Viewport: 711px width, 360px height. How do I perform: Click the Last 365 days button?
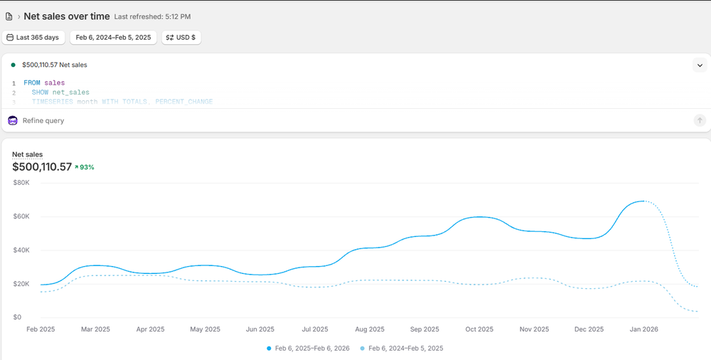point(33,37)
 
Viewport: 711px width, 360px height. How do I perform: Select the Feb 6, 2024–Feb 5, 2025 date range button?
point(113,37)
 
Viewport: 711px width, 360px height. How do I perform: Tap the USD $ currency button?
point(181,37)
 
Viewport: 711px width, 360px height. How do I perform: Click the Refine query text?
point(43,121)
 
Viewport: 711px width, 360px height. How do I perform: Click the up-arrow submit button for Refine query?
point(700,121)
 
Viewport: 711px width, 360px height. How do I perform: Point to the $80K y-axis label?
point(21,183)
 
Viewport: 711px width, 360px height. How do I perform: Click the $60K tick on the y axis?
point(21,216)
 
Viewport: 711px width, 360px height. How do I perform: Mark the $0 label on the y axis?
point(16,317)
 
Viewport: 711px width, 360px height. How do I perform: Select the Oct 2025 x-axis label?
point(479,329)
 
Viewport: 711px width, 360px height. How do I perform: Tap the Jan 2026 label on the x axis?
point(643,329)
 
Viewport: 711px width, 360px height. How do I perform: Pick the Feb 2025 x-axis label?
point(41,329)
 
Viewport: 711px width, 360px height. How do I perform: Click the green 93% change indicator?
point(85,167)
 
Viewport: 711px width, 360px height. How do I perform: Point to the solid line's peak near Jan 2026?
point(643,201)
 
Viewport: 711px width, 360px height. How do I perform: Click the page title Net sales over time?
point(66,16)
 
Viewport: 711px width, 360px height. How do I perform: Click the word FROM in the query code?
point(32,83)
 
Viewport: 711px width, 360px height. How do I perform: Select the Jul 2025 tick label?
point(315,329)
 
